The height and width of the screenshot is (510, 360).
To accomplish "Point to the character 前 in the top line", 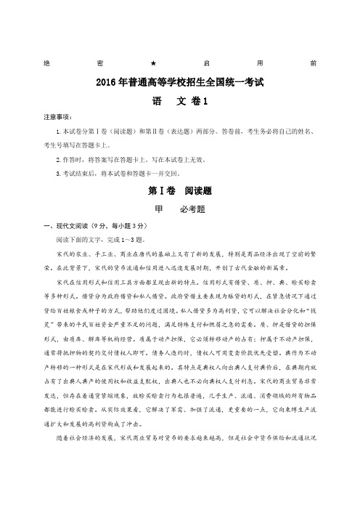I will (x=313, y=63).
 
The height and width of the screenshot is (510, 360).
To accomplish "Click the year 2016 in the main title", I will (x=107, y=82).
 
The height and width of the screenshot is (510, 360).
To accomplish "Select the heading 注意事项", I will (x=58, y=116).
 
